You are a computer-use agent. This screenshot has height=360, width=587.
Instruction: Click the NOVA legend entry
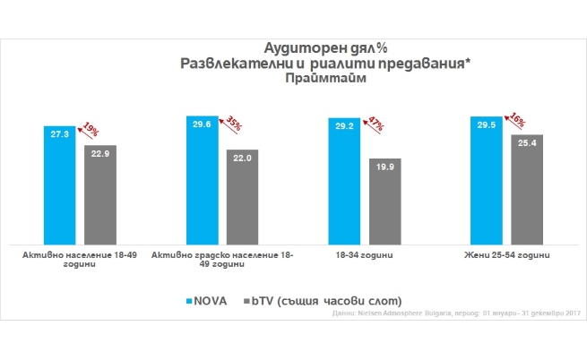click(x=208, y=298)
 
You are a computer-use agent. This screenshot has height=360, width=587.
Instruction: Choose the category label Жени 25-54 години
click(x=506, y=256)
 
